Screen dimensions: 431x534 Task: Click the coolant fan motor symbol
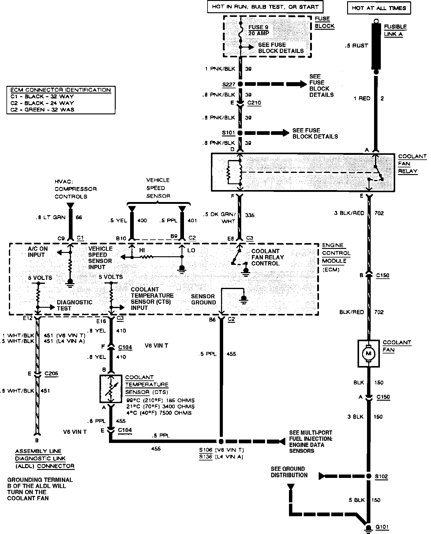pyautogui.click(x=369, y=353)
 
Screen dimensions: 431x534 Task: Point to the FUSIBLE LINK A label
pyautogui.click(x=395, y=30)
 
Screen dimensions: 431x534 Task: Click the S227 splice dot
pyautogui.click(x=240, y=84)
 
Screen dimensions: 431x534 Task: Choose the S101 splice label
pyautogui.click(x=228, y=133)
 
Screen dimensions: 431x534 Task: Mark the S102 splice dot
pyautogui.click(x=369, y=476)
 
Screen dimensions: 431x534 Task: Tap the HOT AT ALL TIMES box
pyautogui.click(x=379, y=8)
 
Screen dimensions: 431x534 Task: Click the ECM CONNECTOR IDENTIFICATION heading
pyautogui.click(x=61, y=90)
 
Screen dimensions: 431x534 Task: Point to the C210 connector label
pyautogui.click(x=254, y=103)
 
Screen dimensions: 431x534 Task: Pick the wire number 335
pyautogui.click(x=250, y=215)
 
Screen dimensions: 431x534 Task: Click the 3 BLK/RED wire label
pyautogui.click(x=349, y=213)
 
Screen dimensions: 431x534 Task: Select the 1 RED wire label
pyautogui.click(x=362, y=98)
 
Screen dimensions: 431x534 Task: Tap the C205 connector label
pyautogui.click(x=51, y=374)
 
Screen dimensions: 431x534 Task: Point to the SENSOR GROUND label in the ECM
pyautogui.click(x=203, y=299)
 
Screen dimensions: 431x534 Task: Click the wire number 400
pyautogui.click(x=142, y=220)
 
